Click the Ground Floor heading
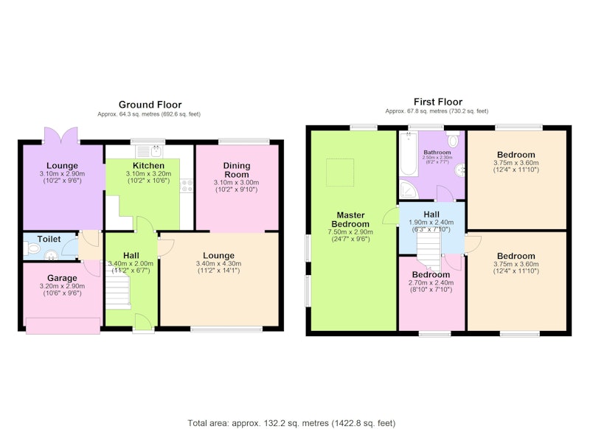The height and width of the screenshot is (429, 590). pos(150,105)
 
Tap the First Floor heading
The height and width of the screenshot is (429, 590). pos(438,102)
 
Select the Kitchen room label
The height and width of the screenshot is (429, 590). pos(148,165)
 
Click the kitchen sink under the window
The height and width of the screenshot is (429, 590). pos(149,151)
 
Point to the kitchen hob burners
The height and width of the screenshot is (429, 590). pos(187,186)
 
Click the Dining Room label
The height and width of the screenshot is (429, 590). pos(236,170)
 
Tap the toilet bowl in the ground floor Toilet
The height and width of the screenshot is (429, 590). pos(32,248)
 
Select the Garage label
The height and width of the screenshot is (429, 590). pos(62,278)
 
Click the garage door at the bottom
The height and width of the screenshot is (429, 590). pos(63,326)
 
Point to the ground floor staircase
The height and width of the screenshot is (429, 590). pos(118,291)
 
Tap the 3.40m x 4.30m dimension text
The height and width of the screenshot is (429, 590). pos(218,264)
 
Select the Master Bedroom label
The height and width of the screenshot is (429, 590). pos(350,220)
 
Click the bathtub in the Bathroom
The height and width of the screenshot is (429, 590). pos(409,153)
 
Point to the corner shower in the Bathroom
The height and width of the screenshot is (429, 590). pos(409,189)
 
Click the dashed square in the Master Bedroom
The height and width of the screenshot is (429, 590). pos(340,172)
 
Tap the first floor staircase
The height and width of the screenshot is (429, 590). pos(428,250)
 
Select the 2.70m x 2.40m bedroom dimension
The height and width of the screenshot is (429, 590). pos(431,283)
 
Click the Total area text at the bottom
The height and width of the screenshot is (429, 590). pos(291,423)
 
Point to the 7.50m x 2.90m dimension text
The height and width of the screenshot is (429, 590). pos(350,231)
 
